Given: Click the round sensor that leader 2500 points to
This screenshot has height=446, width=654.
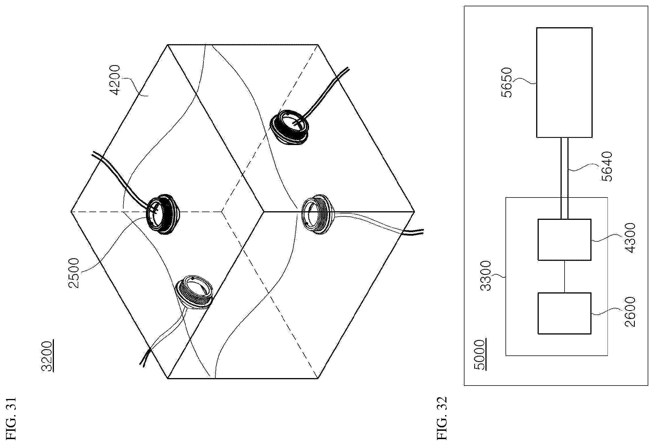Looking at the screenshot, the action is pos(162,212).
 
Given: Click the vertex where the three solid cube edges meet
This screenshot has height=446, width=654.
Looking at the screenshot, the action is pos(263,212).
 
